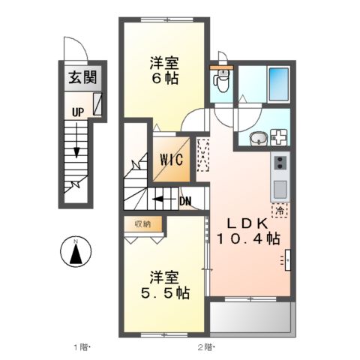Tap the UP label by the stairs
pos(77,112)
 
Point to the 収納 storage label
pos(142,223)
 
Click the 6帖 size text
pos(163,78)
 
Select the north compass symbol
pos(76,250)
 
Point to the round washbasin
pos(256,137)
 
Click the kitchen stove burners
pos(279,163)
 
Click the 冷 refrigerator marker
pos(278,211)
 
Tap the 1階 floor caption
pos(80,346)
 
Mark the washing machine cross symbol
pos(278,137)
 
